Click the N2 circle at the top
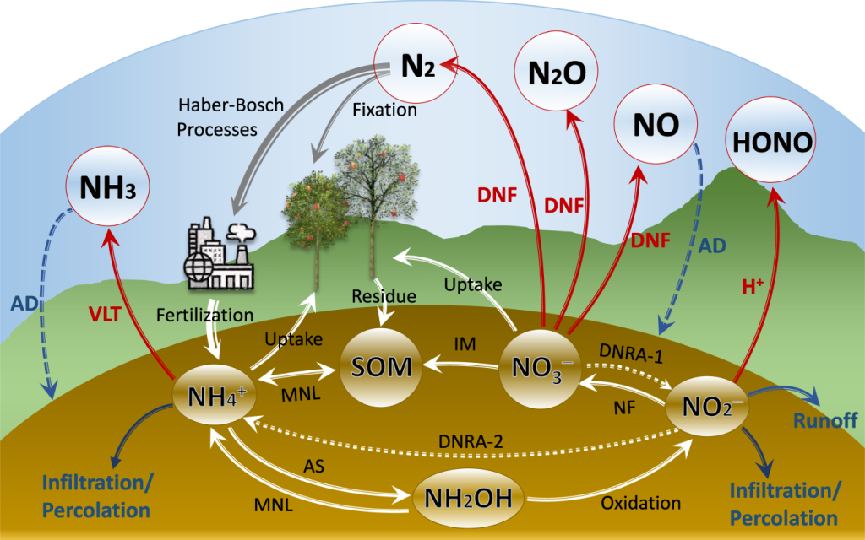[x=411, y=69]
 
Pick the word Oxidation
[x=641, y=503]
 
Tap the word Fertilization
[x=205, y=315]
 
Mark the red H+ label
[x=752, y=286]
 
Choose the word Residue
[x=384, y=296]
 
